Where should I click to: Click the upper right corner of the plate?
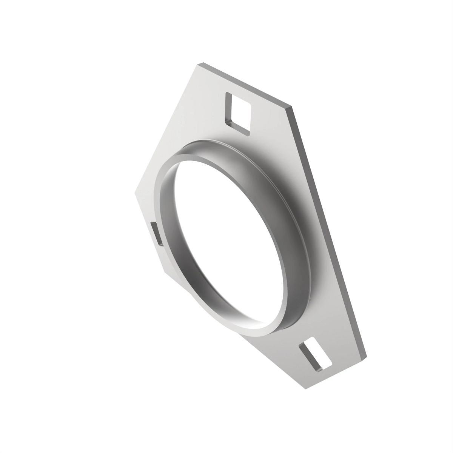click(291, 106)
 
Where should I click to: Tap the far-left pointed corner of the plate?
click(135, 193)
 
